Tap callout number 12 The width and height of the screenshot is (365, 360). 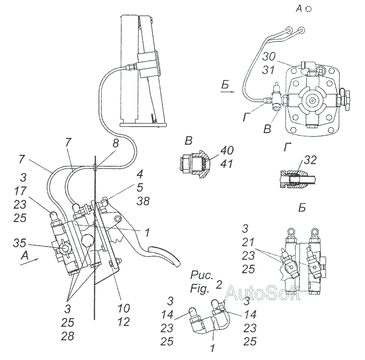[x=123, y=322]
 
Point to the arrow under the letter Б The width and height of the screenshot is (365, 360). [x=226, y=91]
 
